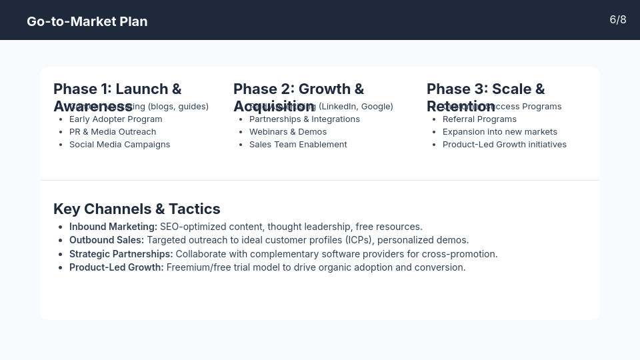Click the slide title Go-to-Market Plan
click(x=87, y=21)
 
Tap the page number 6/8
click(x=617, y=20)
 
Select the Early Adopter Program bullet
click(x=115, y=119)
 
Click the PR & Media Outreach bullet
click(x=112, y=132)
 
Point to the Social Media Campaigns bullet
click(x=119, y=145)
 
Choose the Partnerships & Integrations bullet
click(x=304, y=119)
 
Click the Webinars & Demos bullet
click(x=287, y=132)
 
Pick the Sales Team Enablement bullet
click(x=298, y=145)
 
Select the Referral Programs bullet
click(x=479, y=119)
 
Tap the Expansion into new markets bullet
click(x=499, y=132)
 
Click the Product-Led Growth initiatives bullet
click(x=504, y=145)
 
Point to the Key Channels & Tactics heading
click(x=137, y=209)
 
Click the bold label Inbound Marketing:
click(x=113, y=227)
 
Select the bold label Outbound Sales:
click(x=107, y=240)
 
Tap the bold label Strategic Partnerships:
click(x=121, y=254)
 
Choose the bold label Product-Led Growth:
click(x=116, y=267)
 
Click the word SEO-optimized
click(x=193, y=227)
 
